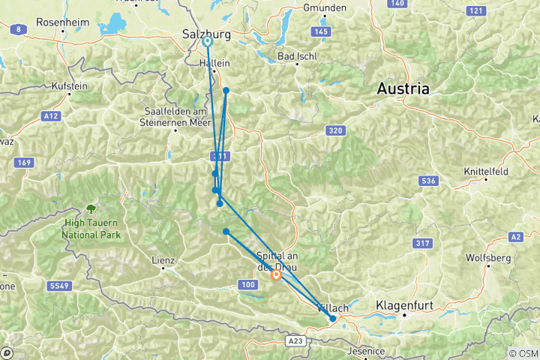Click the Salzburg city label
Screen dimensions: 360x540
coord(206,33)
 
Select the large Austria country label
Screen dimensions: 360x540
coord(403,88)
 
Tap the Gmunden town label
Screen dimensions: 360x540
coord(324,7)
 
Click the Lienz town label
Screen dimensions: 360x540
coord(163,261)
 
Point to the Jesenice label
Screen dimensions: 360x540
coord(367,351)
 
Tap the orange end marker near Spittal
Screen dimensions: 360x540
coord(276,275)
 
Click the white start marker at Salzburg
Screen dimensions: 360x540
coord(208,42)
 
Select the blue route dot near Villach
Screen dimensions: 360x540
coord(333,319)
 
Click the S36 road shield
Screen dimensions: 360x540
coord(428,181)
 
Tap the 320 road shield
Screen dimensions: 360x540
coord(335,130)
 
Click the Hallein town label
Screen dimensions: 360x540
coord(214,64)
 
